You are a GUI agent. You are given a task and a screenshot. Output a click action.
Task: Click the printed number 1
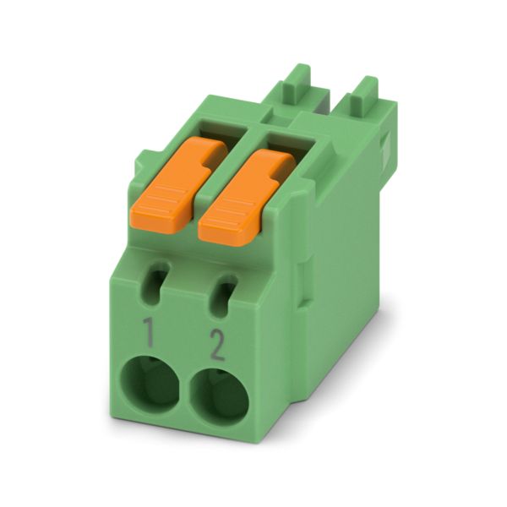tap(148, 332)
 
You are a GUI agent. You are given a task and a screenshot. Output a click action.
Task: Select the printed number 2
tap(217, 345)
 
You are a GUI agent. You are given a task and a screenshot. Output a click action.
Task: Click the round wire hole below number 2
tap(220, 397)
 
